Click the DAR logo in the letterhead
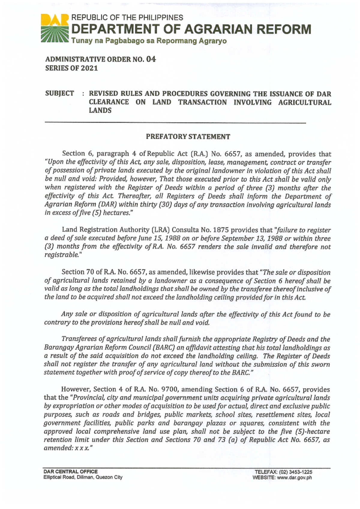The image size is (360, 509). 54,28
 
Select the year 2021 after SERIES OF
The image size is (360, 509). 89,68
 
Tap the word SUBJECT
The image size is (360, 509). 59,93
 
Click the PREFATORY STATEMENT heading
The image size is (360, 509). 188,137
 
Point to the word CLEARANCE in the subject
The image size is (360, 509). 109,102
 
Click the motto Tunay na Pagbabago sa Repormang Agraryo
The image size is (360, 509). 148,41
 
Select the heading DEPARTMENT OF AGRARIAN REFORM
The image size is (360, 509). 191,29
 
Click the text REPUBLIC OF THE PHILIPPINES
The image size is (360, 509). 127,18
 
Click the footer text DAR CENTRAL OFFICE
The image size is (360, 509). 70,472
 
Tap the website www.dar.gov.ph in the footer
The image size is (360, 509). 294,478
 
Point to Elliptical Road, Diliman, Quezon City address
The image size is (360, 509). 83,477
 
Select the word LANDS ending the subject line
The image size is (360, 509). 100,110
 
